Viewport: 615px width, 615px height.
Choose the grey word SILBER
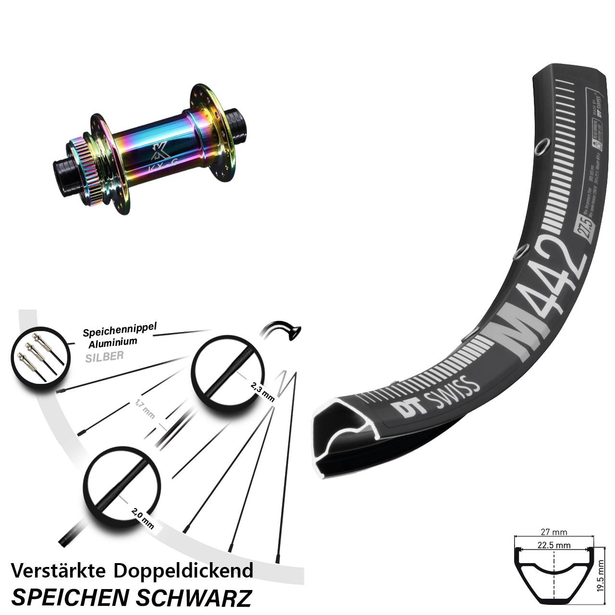[104, 356]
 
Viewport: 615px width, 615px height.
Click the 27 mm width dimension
[554, 532]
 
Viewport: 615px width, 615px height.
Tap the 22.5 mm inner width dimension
[554, 545]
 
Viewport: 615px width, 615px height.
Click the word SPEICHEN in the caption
[70, 597]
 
